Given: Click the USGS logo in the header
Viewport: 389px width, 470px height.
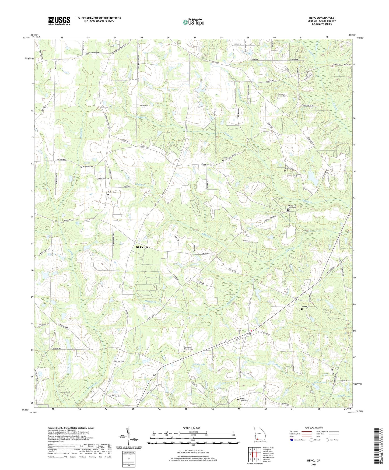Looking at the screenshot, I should (x=59, y=21).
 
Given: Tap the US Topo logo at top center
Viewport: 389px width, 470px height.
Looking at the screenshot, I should (x=193, y=22).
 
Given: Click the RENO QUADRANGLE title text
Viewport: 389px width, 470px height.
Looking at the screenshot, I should (x=322, y=18).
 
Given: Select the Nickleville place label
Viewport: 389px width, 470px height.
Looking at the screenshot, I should (x=142, y=247).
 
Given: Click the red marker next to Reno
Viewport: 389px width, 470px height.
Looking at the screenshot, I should (x=251, y=331).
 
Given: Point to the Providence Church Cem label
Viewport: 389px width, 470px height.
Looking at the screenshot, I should (x=282, y=95).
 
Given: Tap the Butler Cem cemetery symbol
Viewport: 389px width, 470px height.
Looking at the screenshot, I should (x=108, y=194).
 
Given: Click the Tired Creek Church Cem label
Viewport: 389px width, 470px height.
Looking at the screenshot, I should (x=292, y=207).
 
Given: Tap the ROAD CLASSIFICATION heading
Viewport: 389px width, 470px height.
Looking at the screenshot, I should (x=314, y=428).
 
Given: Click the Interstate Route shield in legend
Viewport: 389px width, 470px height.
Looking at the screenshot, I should (x=292, y=440).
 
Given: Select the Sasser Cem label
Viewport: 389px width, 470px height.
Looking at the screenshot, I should (x=289, y=168).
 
